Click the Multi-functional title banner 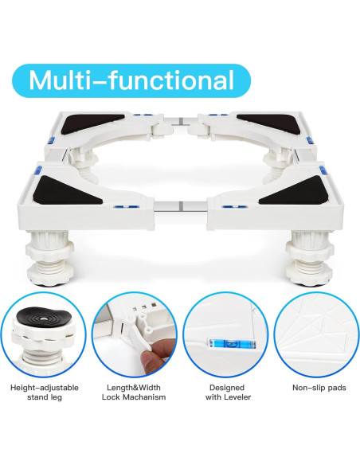click(131, 80)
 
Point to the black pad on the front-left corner click(64, 190)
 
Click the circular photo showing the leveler click(225, 338)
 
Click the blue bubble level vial click(225, 346)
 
